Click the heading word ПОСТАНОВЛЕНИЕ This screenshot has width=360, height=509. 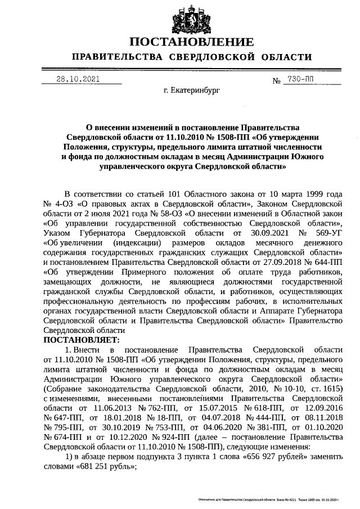tap(192, 42)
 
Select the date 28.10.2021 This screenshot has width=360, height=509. tap(78, 79)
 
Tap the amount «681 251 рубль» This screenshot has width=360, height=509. tap(105, 467)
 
